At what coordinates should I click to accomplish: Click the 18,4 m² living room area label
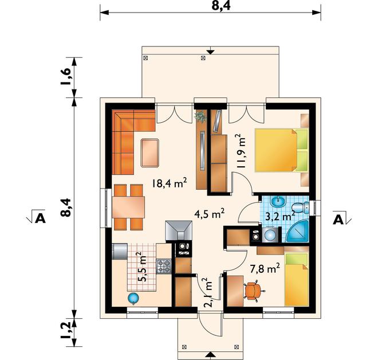point(170,183)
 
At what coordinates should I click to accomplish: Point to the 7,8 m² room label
point(265,268)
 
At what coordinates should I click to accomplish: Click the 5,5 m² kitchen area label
point(142,267)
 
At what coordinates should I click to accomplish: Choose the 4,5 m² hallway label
point(209,214)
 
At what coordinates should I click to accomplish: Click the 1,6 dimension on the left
point(66,77)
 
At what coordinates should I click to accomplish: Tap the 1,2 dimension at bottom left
point(66,331)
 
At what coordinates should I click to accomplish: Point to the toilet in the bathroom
point(300,208)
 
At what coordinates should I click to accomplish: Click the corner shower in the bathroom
point(297,232)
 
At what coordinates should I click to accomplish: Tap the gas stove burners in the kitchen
point(164,266)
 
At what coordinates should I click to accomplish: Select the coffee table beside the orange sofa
point(149,152)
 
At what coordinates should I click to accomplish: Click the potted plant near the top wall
point(200,117)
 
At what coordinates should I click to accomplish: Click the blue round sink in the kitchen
point(133,298)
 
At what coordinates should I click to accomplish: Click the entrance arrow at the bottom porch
point(211,354)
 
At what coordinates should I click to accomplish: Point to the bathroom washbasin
point(278,202)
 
